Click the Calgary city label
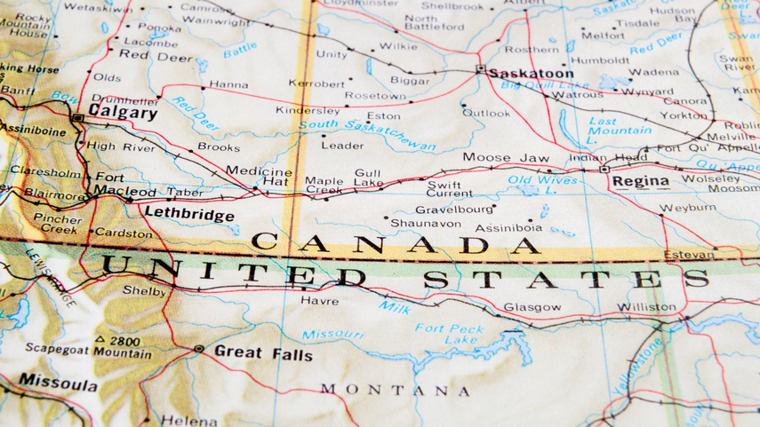tap(123, 114)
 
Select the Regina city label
tap(640, 181)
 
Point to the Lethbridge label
tap(188, 215)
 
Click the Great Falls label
tap(263, 353)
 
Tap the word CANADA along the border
tap(396, 243)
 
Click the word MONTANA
tap(396, 390)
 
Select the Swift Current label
tap(450, 187)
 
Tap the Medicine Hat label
tap(259, 176)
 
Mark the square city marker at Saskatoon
tap(480, 69)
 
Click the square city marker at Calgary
tap(78, 117)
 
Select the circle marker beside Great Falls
tap(198, 350)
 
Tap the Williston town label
tap(646, 307)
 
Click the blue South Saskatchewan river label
tap(367, 133)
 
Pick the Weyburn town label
tap(687, 208)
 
